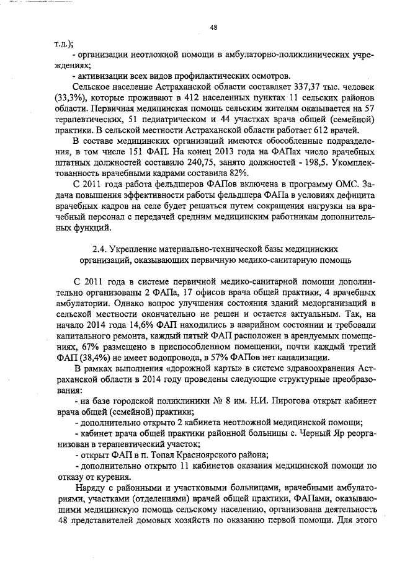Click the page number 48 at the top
pyautogui.click(x=213, y=27)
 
